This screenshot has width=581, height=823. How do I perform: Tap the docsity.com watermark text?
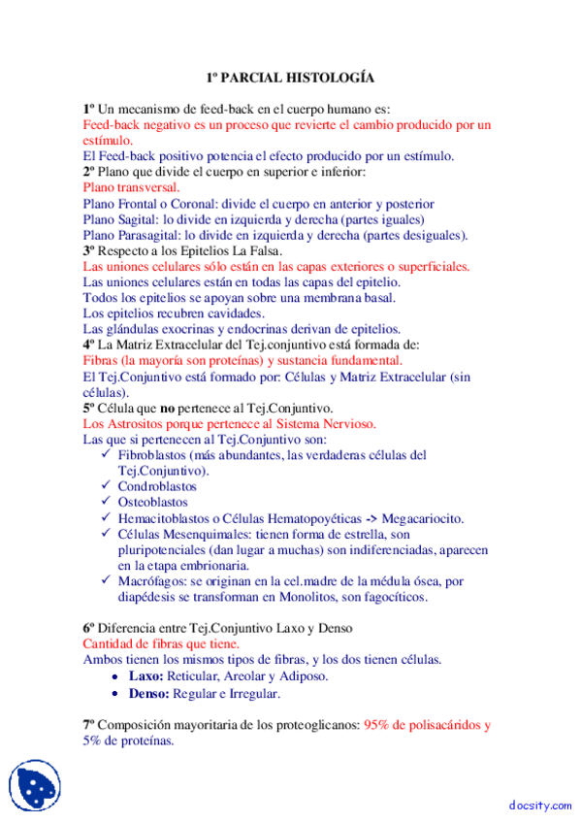537,805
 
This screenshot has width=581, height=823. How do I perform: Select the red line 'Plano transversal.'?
131,187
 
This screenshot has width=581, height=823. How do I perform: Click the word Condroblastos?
157,486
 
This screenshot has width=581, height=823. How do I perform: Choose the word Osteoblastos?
153,502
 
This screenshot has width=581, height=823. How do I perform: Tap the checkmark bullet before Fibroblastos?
106,455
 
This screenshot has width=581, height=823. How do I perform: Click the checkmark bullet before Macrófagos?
106,580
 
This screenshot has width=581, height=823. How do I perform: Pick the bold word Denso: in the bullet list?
149,694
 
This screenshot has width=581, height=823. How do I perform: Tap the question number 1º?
89,109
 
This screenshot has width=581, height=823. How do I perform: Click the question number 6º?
89,628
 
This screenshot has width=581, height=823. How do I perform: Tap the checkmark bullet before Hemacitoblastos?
106,518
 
